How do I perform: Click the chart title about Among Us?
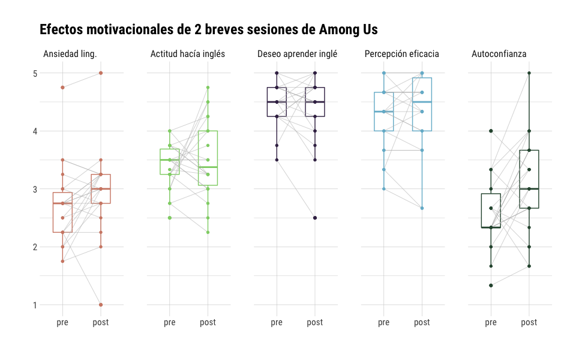(x=208, y=29)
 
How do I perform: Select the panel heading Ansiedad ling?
(x=70, y=54)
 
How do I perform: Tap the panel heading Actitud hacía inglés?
(x=188, y=54)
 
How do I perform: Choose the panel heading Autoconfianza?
(x=499, y=54)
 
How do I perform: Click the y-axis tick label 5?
(x=35, y=73)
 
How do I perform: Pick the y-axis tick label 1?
(x=35, y=305)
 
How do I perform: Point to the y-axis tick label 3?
(x=35, y=189)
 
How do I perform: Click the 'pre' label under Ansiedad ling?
(x=62, y=323)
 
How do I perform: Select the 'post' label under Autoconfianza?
(x=529, y=323)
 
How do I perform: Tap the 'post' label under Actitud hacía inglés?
(x=208, y=323)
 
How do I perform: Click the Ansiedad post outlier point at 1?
(x=101, y=305)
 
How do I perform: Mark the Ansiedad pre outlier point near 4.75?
(x=62, y=88)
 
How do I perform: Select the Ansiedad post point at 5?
(x=101, y=73)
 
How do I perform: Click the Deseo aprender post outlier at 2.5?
(x=315, y=218)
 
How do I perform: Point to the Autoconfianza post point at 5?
(x=529, y=73)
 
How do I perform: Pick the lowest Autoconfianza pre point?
(x=491, y=286)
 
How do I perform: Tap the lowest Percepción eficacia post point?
(x=422, y=208)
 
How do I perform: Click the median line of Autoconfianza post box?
(x=529, y=189)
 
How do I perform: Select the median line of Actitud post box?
(x=208, y=167)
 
